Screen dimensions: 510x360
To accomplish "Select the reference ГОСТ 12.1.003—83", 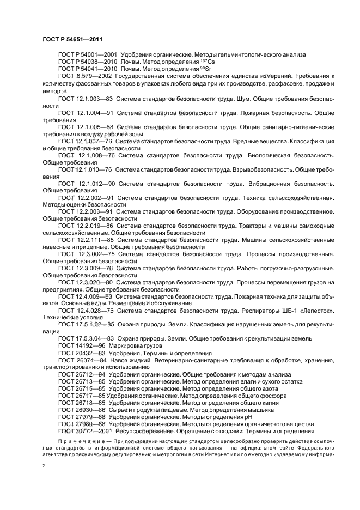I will pos(86,99).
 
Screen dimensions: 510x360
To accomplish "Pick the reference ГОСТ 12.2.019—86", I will pos(86,224).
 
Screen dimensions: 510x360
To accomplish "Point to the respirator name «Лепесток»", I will pos(316,310).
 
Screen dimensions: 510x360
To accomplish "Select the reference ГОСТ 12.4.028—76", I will pos(86,310).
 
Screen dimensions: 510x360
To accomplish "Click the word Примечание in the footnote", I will pos(77,440).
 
